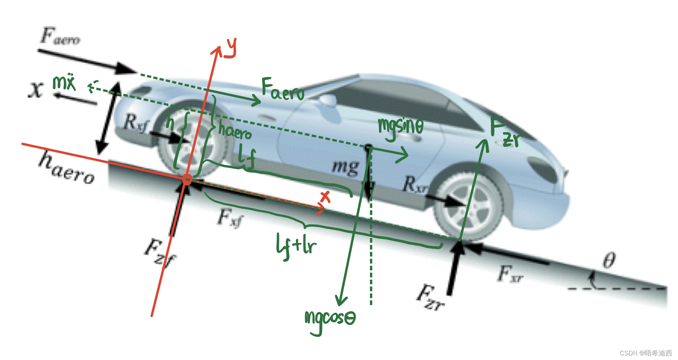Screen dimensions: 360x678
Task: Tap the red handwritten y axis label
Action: pyautogui.click(x=230, y=48)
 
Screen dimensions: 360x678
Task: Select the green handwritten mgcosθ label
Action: pyautogui.click(x=329, y=320)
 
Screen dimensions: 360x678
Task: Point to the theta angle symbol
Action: pyautogui.click(x=609, y=261)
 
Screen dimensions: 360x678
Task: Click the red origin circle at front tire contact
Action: pyautogui.click(x=187, y=179)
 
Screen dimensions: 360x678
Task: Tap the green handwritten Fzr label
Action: pyautogui.click(x=506, y=132)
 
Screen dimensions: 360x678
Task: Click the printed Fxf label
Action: pyautogui.click(x=230, y=218)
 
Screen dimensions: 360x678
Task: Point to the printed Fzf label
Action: pyautogui.click(x=160, y=252)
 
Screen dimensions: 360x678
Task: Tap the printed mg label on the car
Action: pyautogui.click(x=345, y=167)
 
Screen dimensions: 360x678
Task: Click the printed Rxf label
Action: pyautogui.click(x=135, y=123)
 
